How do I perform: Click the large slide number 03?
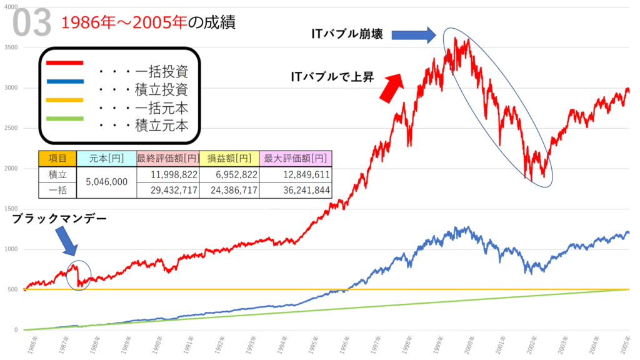[x=31, y=24]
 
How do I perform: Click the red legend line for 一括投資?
[x=64, y=62]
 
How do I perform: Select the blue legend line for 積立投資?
[x=64, y=81]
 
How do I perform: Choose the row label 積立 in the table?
[x=57, y=174]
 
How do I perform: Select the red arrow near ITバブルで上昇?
[x=391, y=88]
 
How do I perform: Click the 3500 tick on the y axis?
[x=13, y=47]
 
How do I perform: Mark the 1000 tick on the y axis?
[x=13, y=249]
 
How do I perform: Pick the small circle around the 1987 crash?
[x=78, y=275]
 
